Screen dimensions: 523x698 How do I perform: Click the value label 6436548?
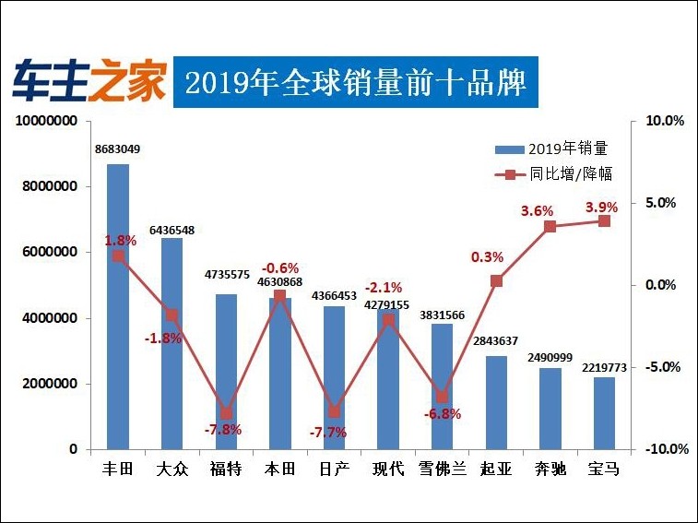coord(172,230)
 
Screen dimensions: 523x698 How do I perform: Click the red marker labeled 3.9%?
coord(604,221)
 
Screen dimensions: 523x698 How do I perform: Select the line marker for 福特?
coord(226,413)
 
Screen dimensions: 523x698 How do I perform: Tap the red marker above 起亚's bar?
coord(496,280)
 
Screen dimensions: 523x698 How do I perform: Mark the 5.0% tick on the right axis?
coord(664,203)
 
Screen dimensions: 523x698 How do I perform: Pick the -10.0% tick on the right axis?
coord(662,449)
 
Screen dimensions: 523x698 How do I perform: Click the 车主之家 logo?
coord(89,83)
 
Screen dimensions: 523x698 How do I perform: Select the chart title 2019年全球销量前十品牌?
coord(355,84)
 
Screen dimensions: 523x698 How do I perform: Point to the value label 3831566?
coord(443,315)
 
